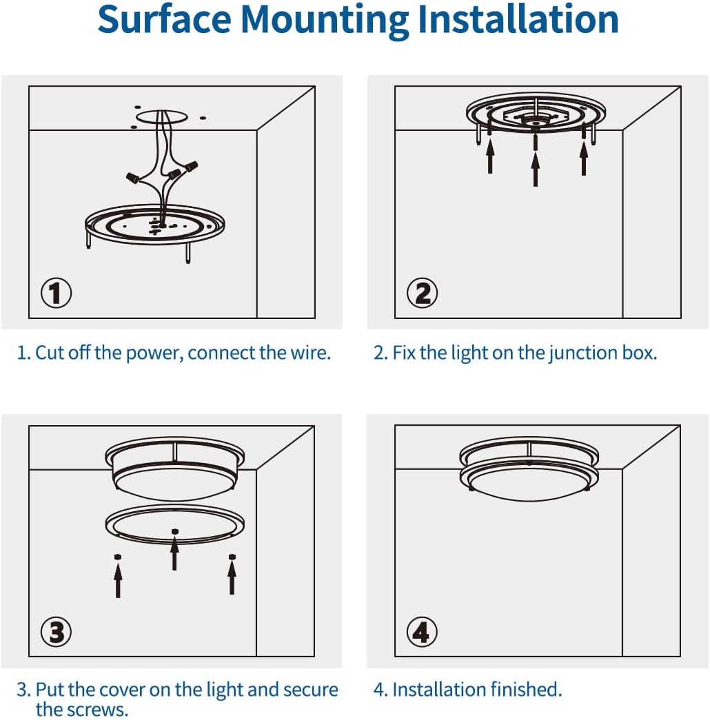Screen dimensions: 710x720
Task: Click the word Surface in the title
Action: pyautogui.click(x=165, y=19)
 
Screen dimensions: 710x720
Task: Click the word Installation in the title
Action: pyautogui.click(x=518, y=19)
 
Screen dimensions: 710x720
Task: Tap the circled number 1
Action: pyautogui.click(x=56, y=293)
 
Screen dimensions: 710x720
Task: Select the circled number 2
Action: pyautogui.click(x=423, y=293)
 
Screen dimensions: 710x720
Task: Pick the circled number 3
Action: pyautogui.click(x=56, y=632)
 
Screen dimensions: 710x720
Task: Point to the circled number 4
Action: pyautogui.click(x=422, y=632)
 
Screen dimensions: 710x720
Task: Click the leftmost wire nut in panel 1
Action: pyautogui.click(x=133, y=177)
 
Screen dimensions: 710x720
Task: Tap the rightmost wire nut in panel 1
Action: pyautogui.click(x=191, y=165)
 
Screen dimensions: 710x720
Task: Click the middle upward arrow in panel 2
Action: pyautogui.click(x=536, y=169)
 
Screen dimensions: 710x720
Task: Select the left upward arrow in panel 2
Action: pyautogui.click(x=490, y=156)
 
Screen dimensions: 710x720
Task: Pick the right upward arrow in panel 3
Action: pyautogui.click(x=232, y=577)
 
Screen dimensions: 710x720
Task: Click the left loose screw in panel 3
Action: pyautogui.click(x=118, y=557)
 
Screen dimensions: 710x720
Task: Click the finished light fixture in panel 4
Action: pyautogui.click(x=529, y=469)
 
